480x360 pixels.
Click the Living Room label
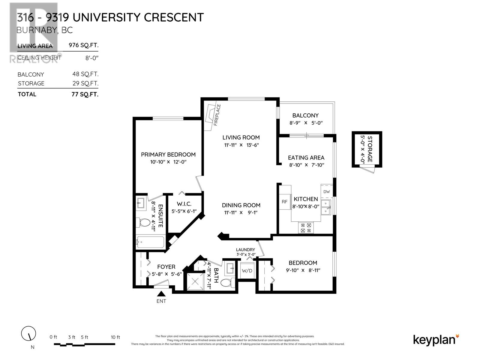pyautogui.click(x=241, y=137)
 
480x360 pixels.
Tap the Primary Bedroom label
pyautogui.click(x=168, y=154)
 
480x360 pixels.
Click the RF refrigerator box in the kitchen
pyautogui.click(x=284, y=202)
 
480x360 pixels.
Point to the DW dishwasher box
pyautogui.click(x=326, y=192)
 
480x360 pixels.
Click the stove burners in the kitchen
pyautogui.click(x=306, y=228)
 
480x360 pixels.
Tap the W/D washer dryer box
pyautogui.click(x=247, y=271)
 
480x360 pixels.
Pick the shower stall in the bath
pyautogui.click(x=195, y=281)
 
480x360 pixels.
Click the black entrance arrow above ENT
pyautogui.click(x=161, y=294)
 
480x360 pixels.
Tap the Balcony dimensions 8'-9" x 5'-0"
pyautogui.click(x=306, y=123)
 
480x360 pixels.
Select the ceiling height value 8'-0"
pyautogui.click(x=92, y=58)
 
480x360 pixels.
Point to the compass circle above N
pyautogui.click(x=28, y=333)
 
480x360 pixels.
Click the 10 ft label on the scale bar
pyautogui.click(x=115, y=337)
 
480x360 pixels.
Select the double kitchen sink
pyautogui.click(x=325, y=207)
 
